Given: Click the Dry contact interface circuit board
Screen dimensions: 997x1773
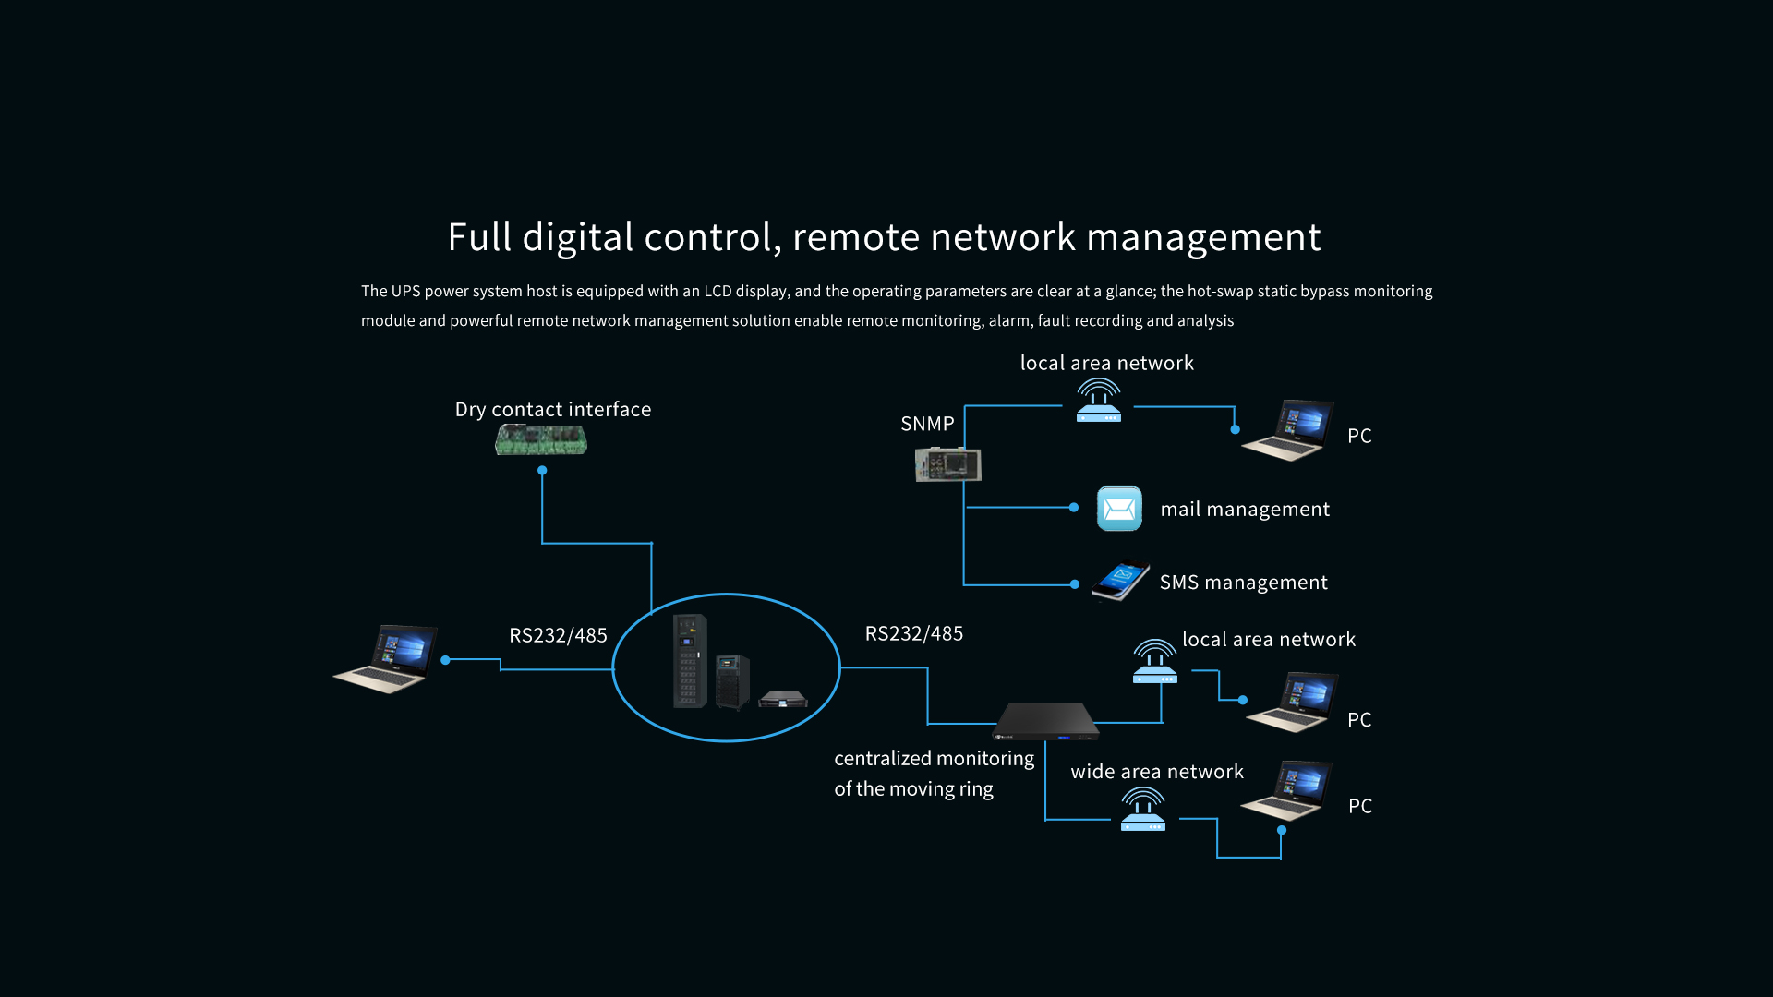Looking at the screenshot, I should pyautogui.click(x=541, y=439).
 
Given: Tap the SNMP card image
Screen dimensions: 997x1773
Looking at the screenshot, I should pyautogui.click(x=947, y=463).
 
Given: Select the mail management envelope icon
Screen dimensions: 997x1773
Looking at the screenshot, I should pyautogui.click(x=1119, y=509).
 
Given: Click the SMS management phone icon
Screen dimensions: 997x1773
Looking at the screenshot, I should pyautogui.click(x=1121, y=581).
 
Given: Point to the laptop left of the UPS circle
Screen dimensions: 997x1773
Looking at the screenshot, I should pyautogui.click(x=386, y=658).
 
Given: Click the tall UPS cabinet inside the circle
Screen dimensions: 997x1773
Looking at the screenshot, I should pyautogui.click(x=690, y=661).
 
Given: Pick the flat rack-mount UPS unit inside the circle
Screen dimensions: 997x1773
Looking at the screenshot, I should pyautogui.click(x=782, y=699).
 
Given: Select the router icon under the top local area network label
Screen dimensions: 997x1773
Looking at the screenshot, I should pyautogui.click(x=1099, y=401).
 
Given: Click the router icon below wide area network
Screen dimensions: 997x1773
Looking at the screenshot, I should pyautogui.click(x=1143, y=810).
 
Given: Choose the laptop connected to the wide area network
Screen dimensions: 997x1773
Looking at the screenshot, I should pyautogui.click(x=1286, y=791).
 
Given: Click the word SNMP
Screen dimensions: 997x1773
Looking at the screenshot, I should pyautogui.click(x=927, y=424).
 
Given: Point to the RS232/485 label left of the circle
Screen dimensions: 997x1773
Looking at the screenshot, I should pyautogui.click(x=558, y=635).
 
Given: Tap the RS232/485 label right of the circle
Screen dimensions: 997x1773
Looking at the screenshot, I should pyautogui.click(x=913, y=633).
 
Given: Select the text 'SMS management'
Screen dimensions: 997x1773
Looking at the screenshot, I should pyautogui.click(x=1243, y=583).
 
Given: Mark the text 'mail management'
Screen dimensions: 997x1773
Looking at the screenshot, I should pyautogui.click(x=1245, y=510).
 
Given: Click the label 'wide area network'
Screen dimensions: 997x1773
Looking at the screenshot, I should pyautogui.click(x=1157, y=772).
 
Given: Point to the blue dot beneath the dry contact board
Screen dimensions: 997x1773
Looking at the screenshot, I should pyautogui.click(x=542, y=471).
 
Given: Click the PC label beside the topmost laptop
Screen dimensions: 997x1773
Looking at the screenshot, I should pyautogui.click(x=1359, y=436).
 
